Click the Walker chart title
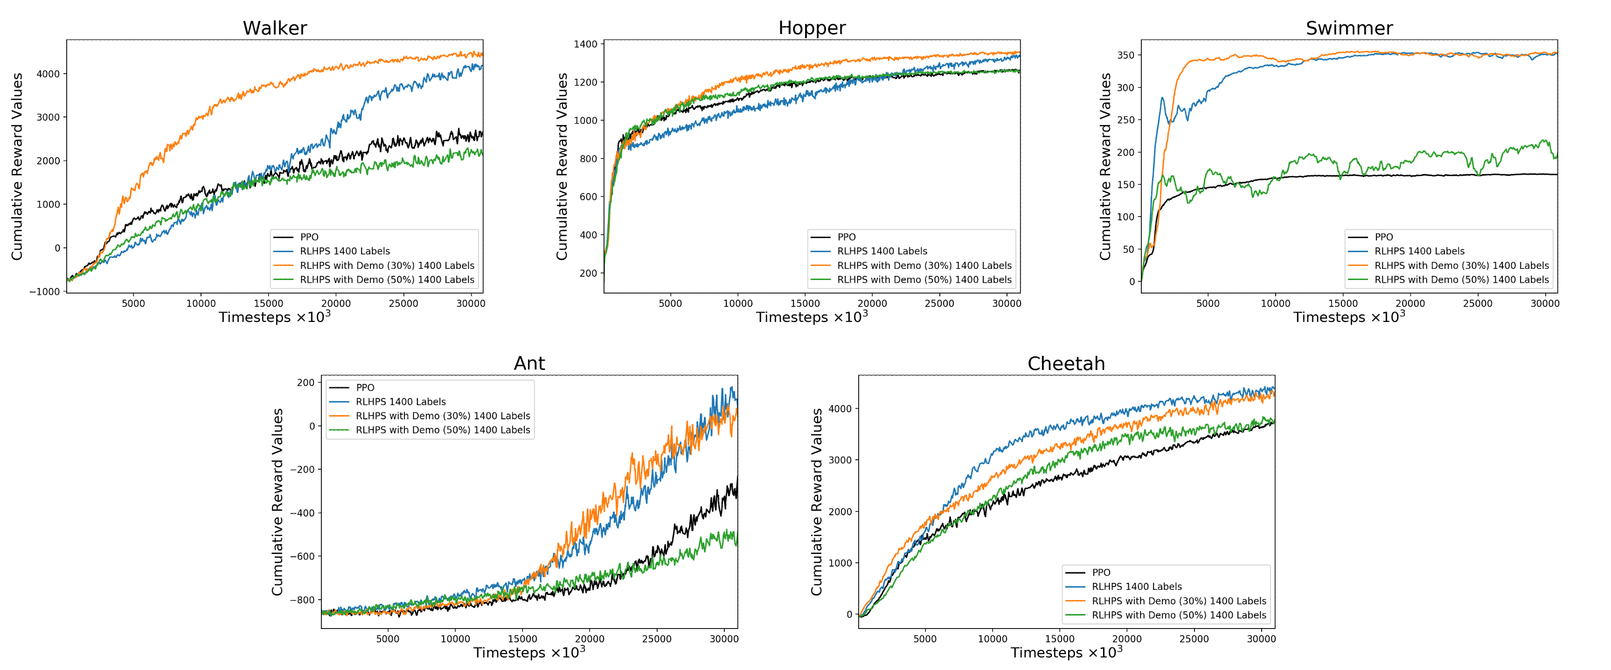click(275, 28)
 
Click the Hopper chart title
click(812, 28)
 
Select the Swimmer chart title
click(1349, 28)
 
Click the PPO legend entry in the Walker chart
click(309, 237)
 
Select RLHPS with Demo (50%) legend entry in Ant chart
click(442, 430)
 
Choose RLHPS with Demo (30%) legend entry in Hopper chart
click(924, 266)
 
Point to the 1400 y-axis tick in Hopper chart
click(585, 44)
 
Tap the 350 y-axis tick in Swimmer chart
click(1126, 55)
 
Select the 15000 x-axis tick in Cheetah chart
click(1059, 639)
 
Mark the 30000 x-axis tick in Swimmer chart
click(1545, 304)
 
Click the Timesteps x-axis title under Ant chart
click(529, 652)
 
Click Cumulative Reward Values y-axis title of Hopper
click(562, 166)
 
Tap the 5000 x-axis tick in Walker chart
click(133, 304)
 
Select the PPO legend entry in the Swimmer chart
click(1383, 237)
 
